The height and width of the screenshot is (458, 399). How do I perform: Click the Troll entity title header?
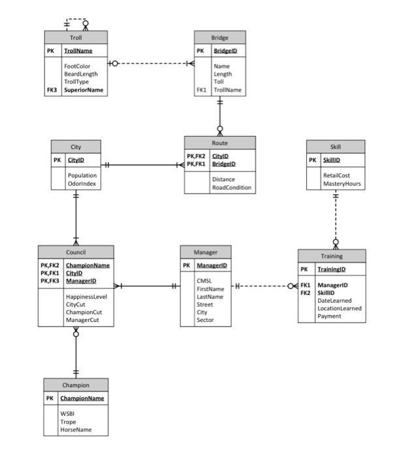coord(76,37)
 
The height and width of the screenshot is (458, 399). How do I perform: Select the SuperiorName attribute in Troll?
coord(83,90)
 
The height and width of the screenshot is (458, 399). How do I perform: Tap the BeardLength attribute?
coord(81,74)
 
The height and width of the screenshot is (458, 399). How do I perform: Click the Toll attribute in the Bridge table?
coord(219,82)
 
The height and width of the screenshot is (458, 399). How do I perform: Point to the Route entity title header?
coord(219,142)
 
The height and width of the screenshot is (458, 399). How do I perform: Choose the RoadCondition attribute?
coord(231,187)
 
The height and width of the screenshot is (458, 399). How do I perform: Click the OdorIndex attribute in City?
coord(81,184)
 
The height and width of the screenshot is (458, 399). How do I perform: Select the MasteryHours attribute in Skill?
coord(342,184)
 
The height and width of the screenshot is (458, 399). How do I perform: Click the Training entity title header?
coord(332,256)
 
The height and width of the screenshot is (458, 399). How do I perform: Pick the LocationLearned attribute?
coord(340,308)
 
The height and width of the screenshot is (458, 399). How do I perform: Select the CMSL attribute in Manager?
coord(204,281)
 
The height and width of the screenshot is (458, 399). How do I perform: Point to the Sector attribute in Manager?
coord(206,320)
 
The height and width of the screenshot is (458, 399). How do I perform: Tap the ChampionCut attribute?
coord(82,312)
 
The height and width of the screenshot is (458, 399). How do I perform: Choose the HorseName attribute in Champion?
coord(76,430)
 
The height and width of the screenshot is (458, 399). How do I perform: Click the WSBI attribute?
coord(68,414)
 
